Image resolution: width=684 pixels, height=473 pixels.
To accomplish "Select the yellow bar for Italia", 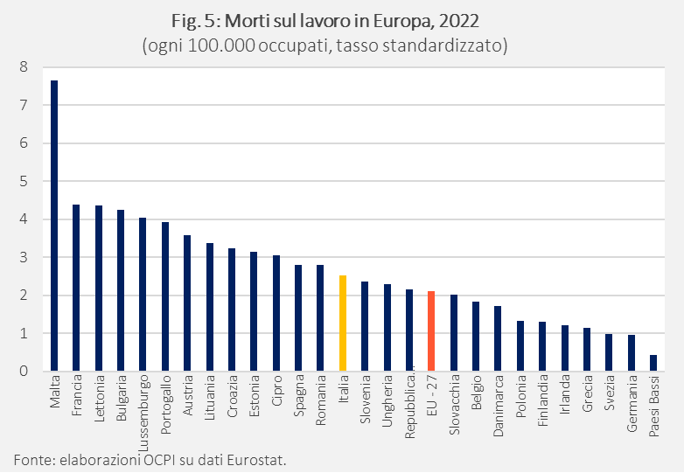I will (x=343, y=323).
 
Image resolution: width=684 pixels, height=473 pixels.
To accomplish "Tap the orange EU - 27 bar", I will (x=431, y=331).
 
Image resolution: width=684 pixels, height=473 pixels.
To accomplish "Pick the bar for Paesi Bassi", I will (x=653, y=363).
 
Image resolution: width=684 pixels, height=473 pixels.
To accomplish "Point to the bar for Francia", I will (x=76, y=288).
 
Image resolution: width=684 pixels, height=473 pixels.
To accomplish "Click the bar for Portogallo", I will (x=165, y=296).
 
